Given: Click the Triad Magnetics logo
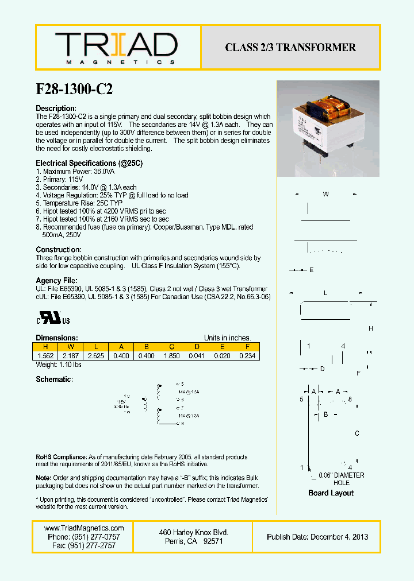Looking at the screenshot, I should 116,48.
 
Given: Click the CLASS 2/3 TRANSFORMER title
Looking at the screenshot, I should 290,48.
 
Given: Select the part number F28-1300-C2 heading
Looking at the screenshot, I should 74,89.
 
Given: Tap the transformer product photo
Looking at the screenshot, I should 328,128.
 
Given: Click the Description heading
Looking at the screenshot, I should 56,109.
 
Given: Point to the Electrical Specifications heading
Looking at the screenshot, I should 89,164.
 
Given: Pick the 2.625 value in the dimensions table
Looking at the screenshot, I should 95,356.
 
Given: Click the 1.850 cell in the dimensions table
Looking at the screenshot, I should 171,356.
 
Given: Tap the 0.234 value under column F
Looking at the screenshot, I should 247,356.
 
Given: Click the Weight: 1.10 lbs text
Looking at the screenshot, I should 59,365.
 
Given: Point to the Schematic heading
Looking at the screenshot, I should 54,379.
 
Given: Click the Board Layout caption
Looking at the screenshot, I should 331,493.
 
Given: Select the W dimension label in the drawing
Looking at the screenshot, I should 325,194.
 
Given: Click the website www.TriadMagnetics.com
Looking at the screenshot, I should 84,528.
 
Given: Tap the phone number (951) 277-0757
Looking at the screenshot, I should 84,537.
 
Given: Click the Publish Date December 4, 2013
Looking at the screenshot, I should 317,537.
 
